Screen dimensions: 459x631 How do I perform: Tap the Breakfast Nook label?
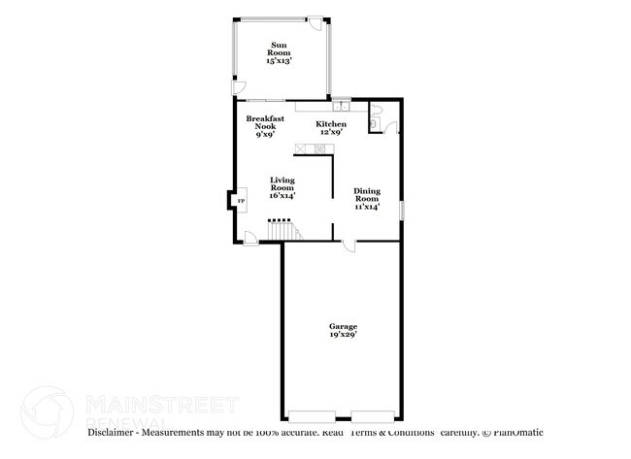coord(264,126)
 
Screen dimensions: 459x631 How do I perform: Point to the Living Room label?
coord(282,187)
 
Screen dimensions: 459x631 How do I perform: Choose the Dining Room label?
coord(366,198)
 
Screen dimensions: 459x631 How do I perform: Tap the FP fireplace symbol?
coord(242,201)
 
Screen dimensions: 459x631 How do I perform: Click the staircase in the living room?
coord(282,231)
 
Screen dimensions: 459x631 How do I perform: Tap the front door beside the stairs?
coord(250,238)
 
